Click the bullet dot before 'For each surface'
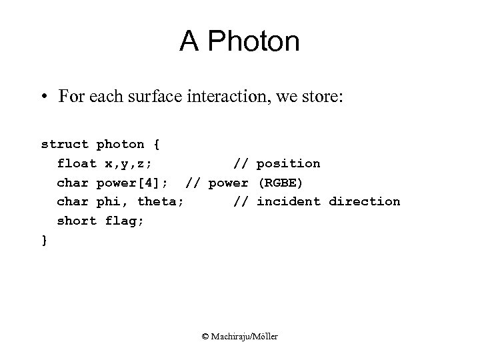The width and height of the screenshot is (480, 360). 44,97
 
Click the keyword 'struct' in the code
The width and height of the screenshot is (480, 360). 65,144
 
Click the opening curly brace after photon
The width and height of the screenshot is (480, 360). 157,144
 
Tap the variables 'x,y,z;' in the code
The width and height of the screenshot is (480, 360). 129,164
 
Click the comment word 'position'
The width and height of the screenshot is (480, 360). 288,163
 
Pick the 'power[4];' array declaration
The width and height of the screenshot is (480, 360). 136,183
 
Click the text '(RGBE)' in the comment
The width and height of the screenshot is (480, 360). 280,183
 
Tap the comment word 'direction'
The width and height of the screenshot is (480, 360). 365,201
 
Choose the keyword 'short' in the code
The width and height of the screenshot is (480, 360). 77,221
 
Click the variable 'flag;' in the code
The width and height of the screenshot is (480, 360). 125,221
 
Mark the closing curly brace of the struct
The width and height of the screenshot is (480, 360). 45,240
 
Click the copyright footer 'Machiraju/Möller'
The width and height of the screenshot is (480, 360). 245,337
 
